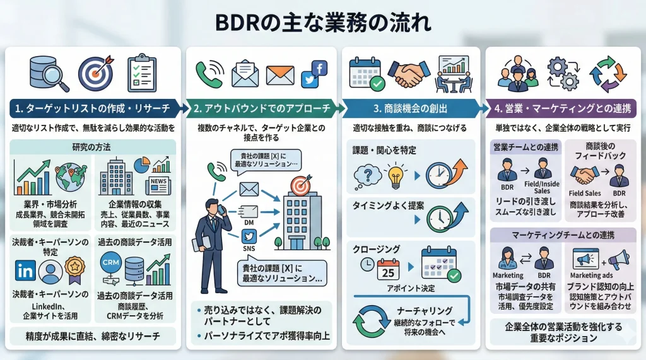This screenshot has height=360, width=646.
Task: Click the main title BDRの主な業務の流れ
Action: coord(323,23)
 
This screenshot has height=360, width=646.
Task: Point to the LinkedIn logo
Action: coord(26,271)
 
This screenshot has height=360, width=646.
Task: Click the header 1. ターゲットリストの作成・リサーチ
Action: coord(95,108)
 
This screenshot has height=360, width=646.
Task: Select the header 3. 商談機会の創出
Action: coord(409,108)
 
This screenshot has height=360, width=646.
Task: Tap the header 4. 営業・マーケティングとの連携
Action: coord(562,108)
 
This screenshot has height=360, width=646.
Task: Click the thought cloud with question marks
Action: coord(366,175)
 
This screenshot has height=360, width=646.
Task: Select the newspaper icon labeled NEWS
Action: coord(158,186)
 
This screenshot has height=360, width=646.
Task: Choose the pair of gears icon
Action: coord(561,73)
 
